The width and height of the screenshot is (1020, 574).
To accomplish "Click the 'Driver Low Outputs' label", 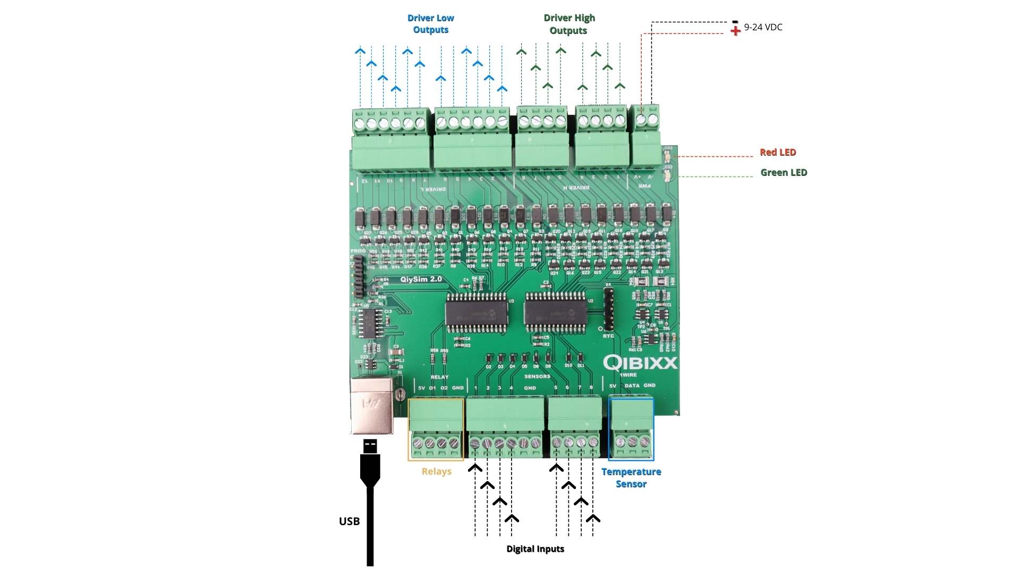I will click(x=430, y=24).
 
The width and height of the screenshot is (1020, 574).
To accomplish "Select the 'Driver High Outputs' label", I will click(x=569, y=24).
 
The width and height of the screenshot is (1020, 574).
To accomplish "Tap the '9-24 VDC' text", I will click(x=763, y=27).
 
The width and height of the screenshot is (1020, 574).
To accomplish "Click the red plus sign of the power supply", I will click(x=735, y=31).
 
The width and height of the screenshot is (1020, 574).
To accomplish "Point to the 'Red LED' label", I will click(x=778, y=153).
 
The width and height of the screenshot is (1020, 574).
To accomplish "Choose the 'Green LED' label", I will click(x=784, y=173).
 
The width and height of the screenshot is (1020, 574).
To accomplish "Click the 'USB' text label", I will click(x=349, y=521).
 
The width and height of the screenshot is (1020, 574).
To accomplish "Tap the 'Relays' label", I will click(x=436, y=471).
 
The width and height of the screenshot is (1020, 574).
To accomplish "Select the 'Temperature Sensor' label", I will click(x=631, y=478).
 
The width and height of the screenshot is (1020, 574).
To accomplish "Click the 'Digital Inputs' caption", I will click(x=535, y=549).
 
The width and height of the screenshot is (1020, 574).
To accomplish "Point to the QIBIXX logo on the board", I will click(x=640, y=363).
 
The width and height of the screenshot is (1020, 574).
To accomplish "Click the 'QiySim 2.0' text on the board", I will click(x=421, y=280).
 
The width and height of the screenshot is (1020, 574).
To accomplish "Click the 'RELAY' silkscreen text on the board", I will click(x=439, y=377).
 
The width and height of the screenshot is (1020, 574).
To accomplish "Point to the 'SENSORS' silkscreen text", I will click(x=537, y=376).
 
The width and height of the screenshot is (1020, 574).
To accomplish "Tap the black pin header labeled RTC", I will click(x=608, y=308).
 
